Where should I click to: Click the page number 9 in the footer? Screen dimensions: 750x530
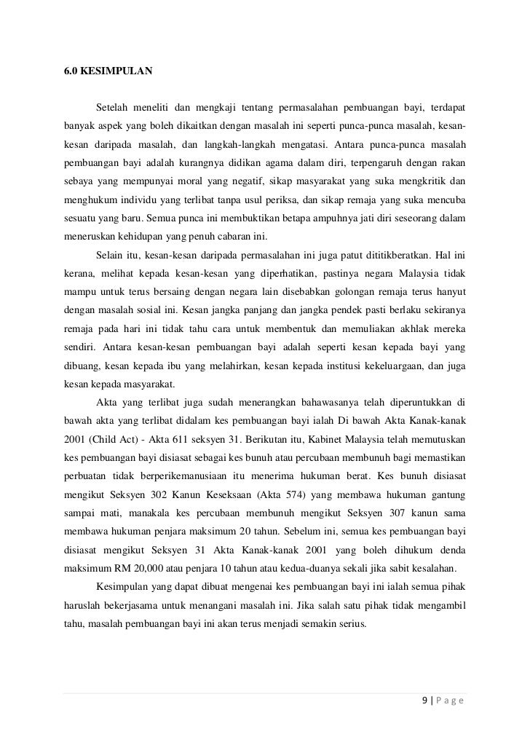(x=425, y=701)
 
